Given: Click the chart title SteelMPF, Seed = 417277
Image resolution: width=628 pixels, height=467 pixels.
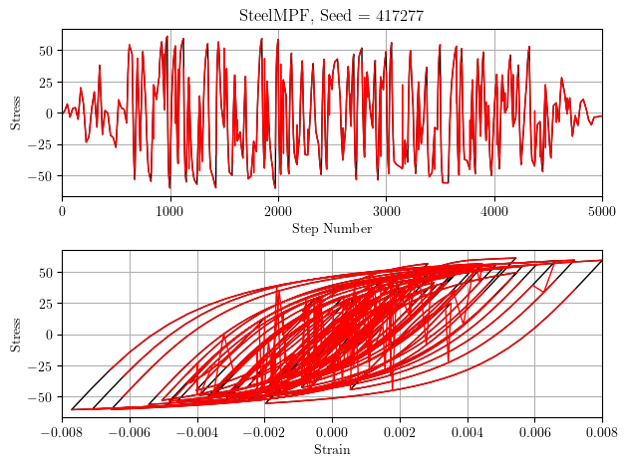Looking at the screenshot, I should pyautogui.click(x=332, y=15).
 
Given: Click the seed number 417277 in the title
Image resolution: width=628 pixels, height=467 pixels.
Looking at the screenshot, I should pyautogui.click(x=397, y=15).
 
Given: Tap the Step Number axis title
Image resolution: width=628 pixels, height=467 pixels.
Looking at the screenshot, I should pyautogui.click(x=332, y=229).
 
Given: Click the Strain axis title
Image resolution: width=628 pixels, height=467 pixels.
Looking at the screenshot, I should pyautogui.click(x=332, y=450).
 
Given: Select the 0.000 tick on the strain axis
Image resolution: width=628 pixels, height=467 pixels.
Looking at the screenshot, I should pyautogui.click(x=332, y=431).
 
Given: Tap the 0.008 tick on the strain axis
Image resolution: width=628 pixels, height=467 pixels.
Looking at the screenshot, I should pyautogui.click(x=601, y=431).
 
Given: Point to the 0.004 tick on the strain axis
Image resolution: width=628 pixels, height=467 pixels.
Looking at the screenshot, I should pyautogui.click(x=467, y=431).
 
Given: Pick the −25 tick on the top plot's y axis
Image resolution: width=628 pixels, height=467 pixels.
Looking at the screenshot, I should pyautogui.click(x=42, y=144).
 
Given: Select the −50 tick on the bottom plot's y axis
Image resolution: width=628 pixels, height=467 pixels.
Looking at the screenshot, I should pyautogui.click(x=42, y=396).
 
